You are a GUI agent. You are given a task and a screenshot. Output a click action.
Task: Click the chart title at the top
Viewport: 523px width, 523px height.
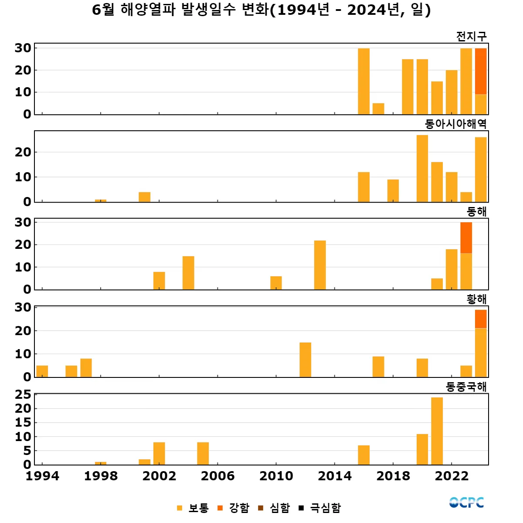(261, 10)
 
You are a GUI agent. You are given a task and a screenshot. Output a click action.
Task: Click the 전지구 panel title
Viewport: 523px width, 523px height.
(471, 37)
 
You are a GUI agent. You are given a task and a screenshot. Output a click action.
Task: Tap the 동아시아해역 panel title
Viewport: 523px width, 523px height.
(455, 124)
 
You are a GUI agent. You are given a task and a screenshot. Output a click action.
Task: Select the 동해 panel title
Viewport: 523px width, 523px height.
(476, 212)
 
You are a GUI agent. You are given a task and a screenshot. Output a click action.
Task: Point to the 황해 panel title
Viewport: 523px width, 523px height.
(476, 299)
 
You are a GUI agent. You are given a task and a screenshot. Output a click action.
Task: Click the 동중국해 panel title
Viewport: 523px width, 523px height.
(466, 387)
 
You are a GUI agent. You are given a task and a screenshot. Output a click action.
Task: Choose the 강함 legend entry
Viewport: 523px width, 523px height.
(234, 508)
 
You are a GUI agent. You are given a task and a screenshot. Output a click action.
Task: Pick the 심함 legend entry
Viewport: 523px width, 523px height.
(274, 508)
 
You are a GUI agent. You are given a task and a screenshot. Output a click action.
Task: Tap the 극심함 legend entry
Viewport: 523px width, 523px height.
(320, 508)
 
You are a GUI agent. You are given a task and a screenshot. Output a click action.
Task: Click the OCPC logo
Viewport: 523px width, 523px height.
(466, 503)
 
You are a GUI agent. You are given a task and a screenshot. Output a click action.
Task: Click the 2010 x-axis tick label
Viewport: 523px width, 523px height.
(276, 476)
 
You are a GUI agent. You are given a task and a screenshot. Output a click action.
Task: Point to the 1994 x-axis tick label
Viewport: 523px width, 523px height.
(42, 476)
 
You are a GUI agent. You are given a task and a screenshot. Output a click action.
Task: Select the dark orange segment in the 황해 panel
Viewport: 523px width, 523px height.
(481, 319)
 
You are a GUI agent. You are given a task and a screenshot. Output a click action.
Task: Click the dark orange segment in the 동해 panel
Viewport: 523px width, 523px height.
(466, 238)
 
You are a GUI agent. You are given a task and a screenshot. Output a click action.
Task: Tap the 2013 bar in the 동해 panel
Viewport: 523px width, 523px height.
(320, 265)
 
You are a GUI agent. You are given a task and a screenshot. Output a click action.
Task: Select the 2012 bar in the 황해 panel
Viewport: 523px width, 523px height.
(305, 360)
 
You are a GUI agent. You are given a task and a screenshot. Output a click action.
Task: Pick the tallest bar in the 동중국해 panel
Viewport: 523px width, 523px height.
(437, 431)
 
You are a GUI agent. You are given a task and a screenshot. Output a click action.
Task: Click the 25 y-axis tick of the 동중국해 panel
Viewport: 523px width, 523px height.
(23, 395)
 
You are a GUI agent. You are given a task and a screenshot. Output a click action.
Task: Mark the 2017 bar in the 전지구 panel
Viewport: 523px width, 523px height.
(378, 109)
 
